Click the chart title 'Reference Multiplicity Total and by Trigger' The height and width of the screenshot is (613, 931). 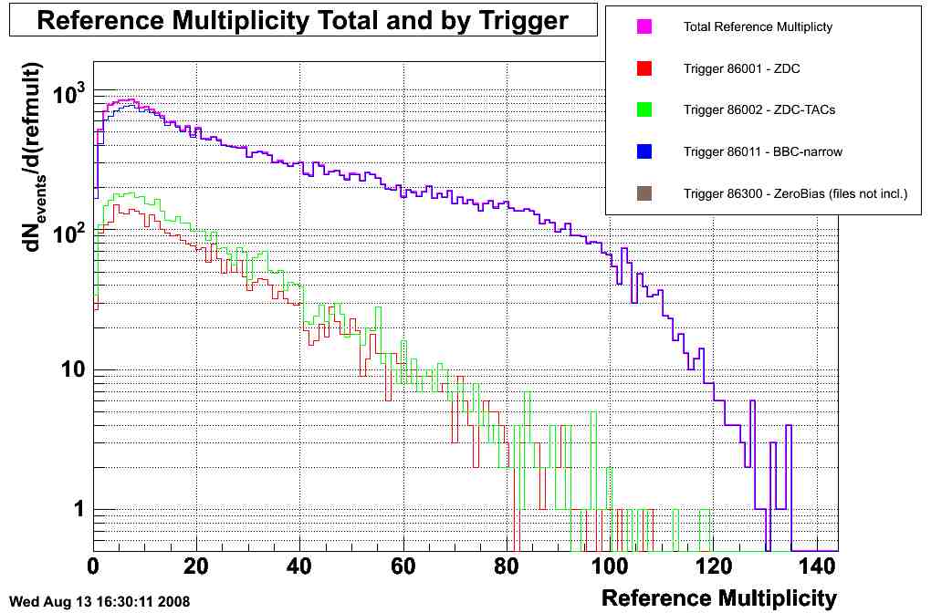(303, 20)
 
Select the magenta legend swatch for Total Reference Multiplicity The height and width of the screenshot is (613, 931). (644, 27)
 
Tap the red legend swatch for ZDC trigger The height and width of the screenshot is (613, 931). (644, 68)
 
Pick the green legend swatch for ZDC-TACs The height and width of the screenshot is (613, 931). (644, 110)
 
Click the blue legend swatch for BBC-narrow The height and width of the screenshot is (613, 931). (644, 151)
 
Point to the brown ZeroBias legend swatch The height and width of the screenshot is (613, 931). (644, 192)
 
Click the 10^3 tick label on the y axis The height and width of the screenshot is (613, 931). (68, 92)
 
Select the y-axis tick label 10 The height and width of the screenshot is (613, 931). (73, 370)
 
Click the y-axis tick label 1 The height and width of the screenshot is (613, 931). (78, 509)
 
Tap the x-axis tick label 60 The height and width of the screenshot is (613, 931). (403, 566)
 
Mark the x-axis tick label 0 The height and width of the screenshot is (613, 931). (93, 566)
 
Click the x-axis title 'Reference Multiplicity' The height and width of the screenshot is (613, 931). (718, 598)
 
